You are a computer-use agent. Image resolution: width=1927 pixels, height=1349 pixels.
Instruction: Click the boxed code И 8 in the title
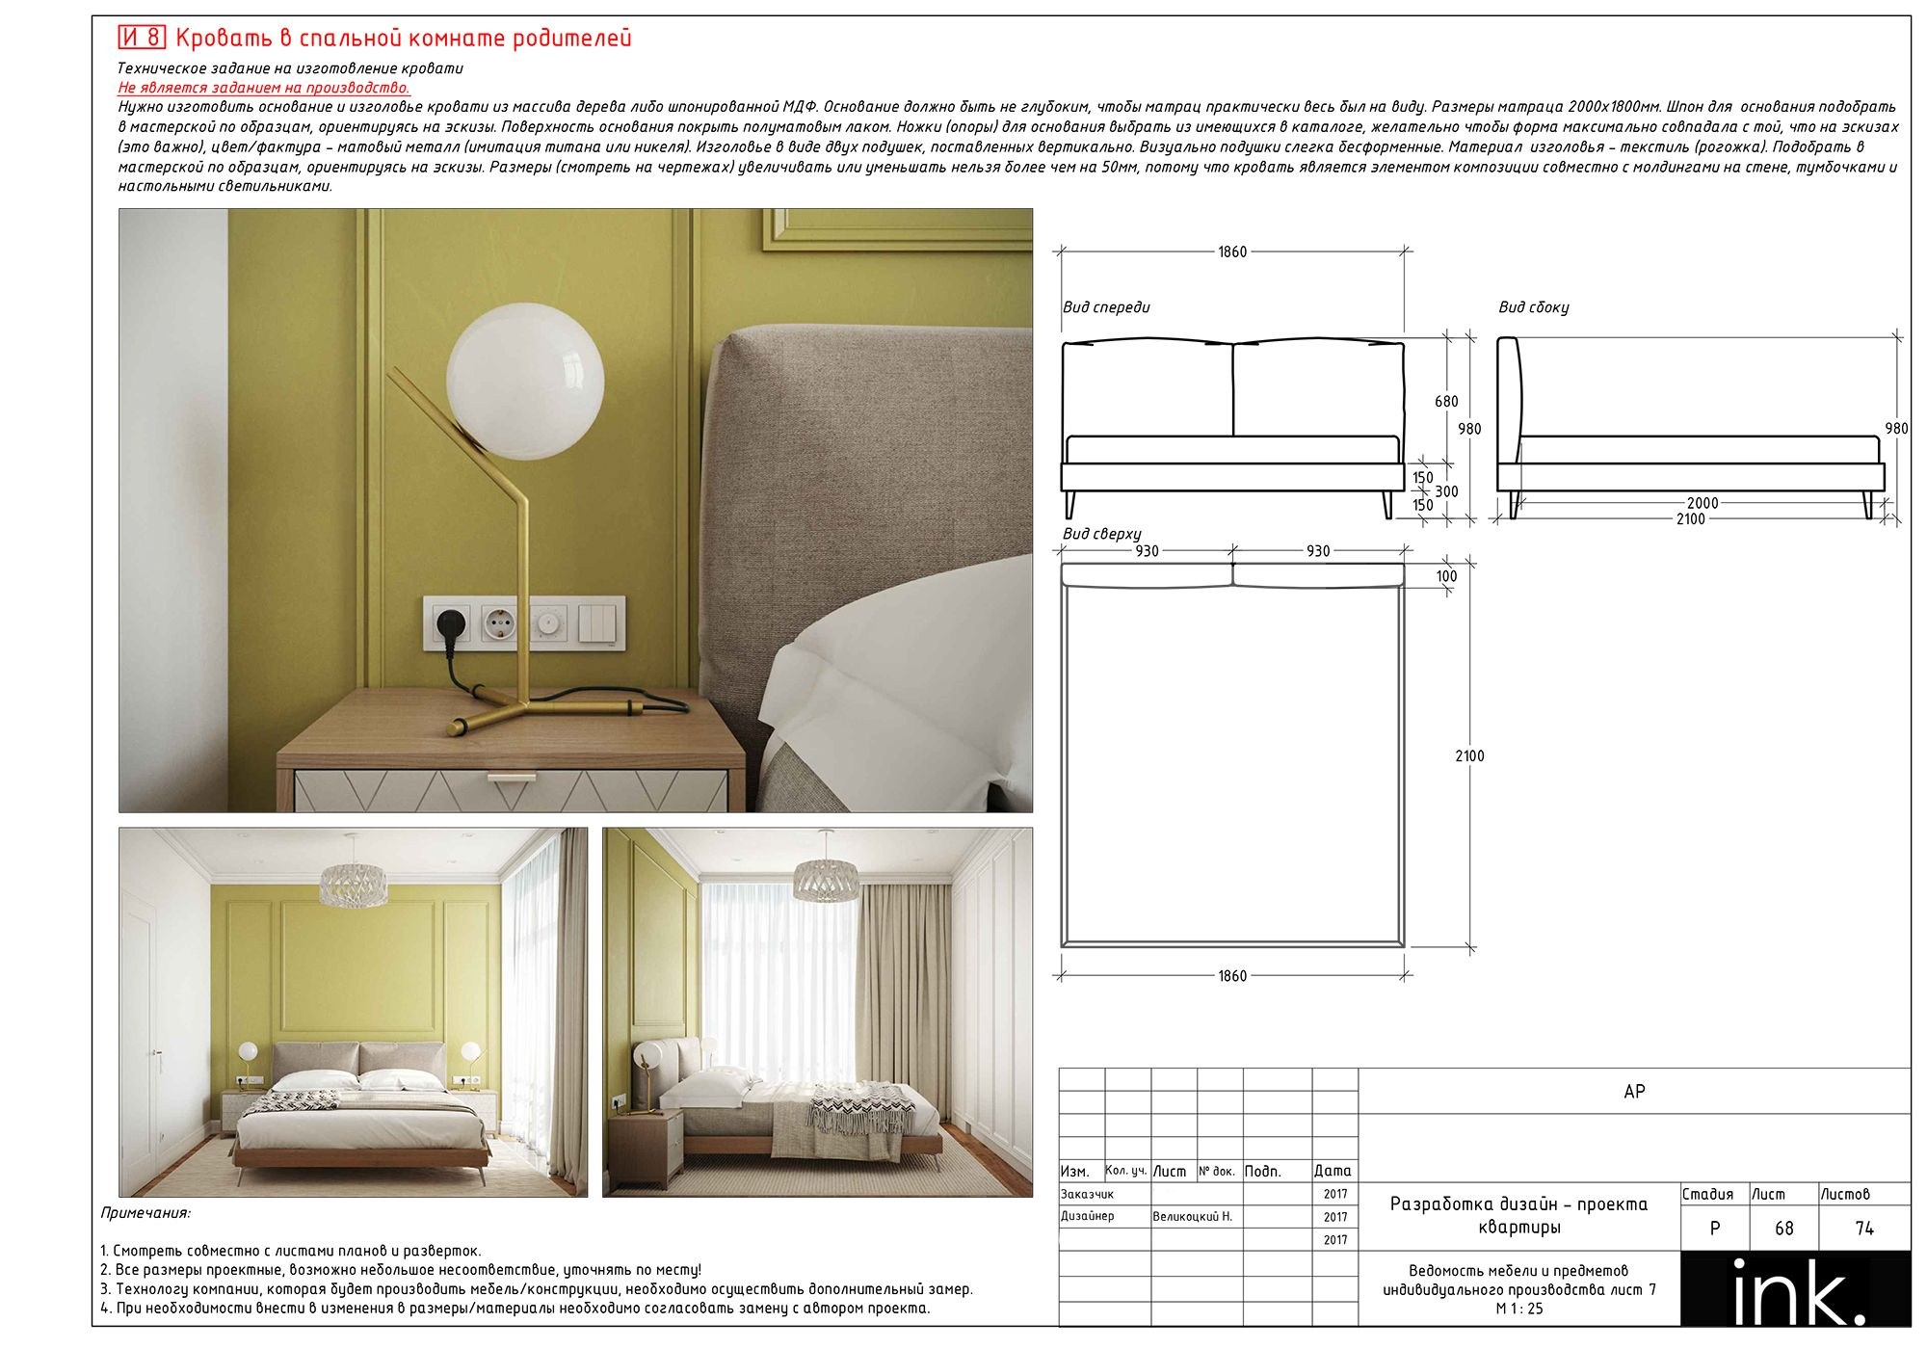click(x=142, y=38)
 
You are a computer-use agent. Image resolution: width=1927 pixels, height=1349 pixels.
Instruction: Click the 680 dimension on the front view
click(x=1446, y=402)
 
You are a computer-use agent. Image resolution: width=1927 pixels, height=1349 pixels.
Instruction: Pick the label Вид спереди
click(x=1106, y=307)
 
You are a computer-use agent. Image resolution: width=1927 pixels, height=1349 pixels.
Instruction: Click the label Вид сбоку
click(x=1533, y=307)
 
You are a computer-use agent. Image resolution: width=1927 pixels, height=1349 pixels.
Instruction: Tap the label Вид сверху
click(x=1101, y=534)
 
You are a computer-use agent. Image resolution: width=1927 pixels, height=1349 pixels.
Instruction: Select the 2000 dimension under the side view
click(x=1703, y=503)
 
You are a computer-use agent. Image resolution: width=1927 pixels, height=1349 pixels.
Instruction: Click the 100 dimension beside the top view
click(x=1446, y=576)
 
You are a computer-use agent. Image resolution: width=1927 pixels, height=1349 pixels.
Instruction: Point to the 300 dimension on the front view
click(x=1446, y=491)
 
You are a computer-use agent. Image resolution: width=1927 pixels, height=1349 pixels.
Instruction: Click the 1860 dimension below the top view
click(x=1232, y=976)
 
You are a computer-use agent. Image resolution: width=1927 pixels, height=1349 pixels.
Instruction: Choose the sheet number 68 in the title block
click(x=1783, y=1229)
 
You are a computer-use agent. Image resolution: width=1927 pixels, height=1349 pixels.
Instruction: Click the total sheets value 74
click(x=1864, y=1229)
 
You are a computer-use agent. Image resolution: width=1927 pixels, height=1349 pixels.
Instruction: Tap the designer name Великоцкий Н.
click(x=1192, y=1217)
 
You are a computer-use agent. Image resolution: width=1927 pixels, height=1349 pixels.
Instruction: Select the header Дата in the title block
click(x=1333, y=1172)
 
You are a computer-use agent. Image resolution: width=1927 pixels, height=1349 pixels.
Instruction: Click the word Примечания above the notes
click(x=145, y=1213)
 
